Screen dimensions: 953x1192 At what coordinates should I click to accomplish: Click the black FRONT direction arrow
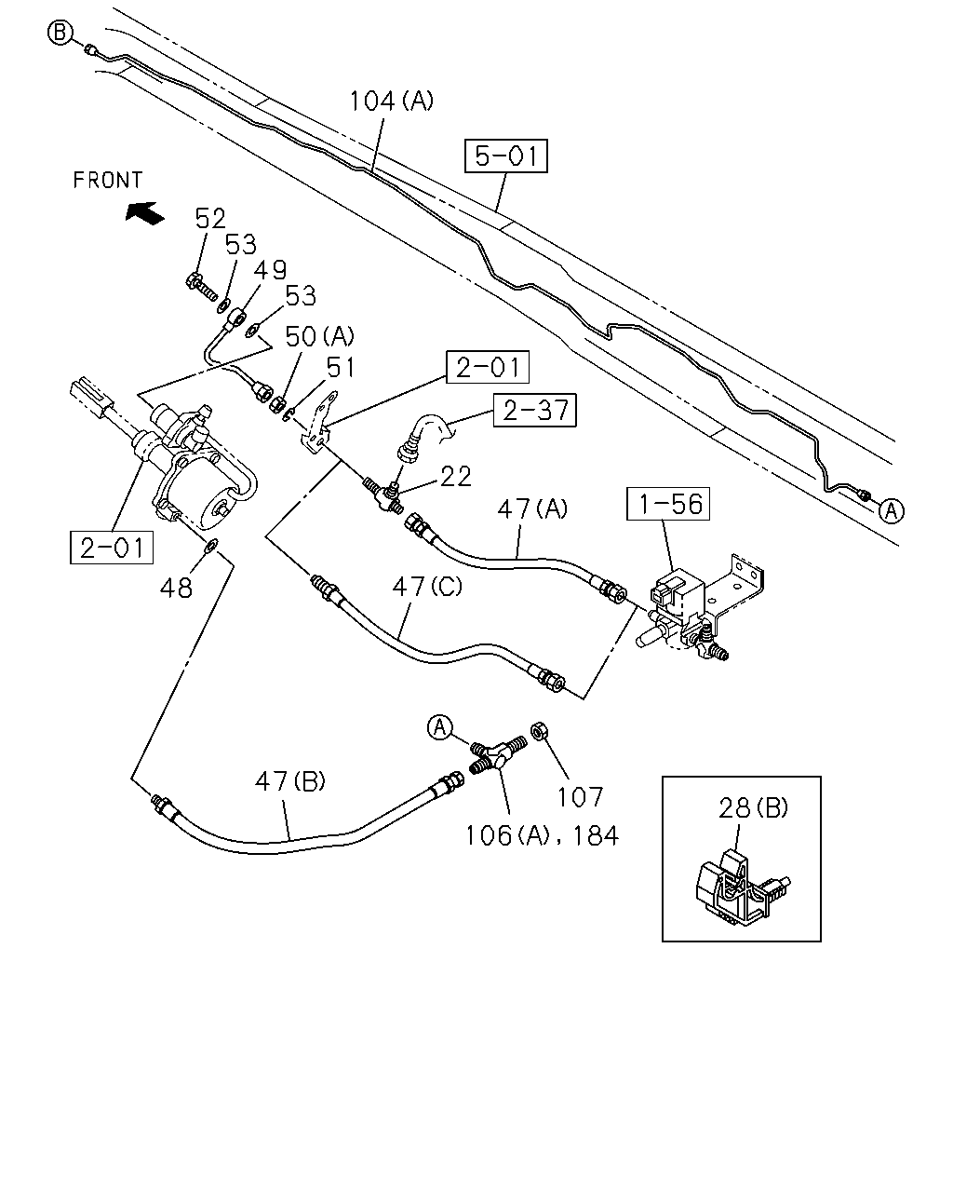144,213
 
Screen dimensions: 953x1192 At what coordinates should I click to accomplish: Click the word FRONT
108,180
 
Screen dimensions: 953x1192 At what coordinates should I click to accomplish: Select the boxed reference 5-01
505,156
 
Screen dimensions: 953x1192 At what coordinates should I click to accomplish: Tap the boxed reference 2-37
535,410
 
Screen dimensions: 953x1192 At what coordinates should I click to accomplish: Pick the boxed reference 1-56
668,504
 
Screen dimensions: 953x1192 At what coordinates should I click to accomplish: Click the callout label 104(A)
392,102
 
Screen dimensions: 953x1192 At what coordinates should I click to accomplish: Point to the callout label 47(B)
290,781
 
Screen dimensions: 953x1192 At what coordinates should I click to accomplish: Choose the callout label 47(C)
427,586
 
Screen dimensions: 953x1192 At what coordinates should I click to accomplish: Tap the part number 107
580,798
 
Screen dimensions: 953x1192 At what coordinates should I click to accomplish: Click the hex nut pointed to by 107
537,731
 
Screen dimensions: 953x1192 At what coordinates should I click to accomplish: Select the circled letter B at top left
60,33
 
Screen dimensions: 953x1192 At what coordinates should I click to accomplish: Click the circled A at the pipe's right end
891,510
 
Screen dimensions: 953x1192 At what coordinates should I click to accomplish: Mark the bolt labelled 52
201,286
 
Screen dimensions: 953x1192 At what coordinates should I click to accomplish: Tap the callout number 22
456,477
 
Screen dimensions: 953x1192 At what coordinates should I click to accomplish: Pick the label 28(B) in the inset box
753,808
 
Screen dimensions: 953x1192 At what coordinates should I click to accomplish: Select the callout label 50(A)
319,336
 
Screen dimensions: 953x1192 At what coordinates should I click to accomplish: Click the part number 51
340,367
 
